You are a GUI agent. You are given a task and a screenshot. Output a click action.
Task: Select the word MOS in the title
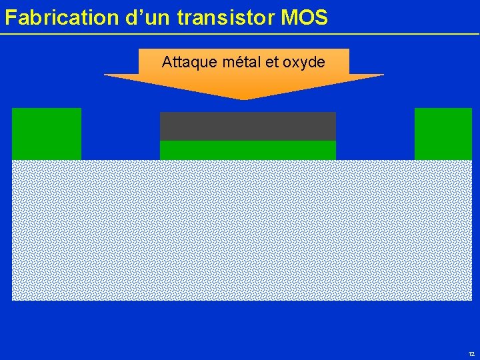[305, 18]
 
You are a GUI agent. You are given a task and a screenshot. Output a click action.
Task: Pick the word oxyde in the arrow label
[304, 63]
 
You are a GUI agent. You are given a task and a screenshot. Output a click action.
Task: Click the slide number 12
[471, 354]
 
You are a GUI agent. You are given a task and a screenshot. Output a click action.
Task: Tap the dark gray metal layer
[247, 126]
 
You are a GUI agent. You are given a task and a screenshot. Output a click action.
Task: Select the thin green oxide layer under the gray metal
[247, 150]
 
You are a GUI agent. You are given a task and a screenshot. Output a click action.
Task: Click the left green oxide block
[47, 133]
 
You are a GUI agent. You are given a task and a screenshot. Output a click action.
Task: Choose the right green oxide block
[443, 133]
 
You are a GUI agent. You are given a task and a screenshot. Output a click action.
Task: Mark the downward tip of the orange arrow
[244, 99]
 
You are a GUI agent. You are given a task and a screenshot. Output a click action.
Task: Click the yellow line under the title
[240, 33]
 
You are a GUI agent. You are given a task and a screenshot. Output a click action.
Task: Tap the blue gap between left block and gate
[120, 133]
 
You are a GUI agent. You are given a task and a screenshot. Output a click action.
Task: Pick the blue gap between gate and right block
[375, 133]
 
